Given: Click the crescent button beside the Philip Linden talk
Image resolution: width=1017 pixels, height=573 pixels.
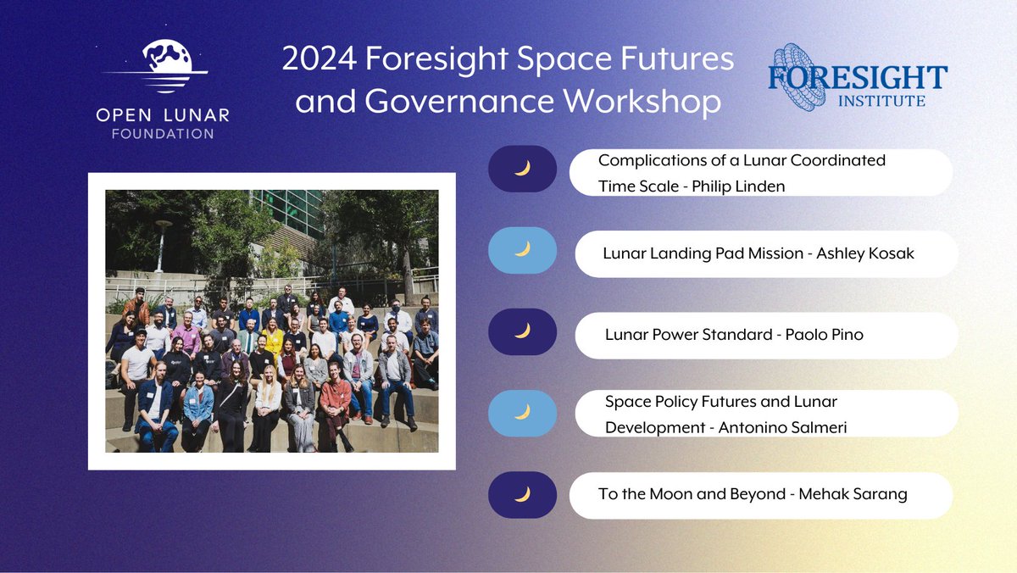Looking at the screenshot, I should tap(522, 169).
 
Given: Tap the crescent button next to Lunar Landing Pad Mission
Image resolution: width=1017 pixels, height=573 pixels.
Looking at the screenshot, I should tap(522, 249).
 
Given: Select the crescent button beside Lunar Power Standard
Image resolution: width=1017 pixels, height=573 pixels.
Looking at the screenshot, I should tap(522, 331).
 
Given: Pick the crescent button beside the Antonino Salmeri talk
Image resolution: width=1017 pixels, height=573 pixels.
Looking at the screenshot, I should tap(522, 412).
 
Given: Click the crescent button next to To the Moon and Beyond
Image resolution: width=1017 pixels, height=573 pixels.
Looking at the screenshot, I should tap(522, 495).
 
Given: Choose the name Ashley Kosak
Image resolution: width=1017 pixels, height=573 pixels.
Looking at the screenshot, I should tap(864, 253).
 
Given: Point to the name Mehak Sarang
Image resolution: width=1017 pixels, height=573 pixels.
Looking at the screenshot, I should tap(853, 494).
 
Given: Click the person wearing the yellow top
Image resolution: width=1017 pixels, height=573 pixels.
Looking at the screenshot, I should tap(273, 337).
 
